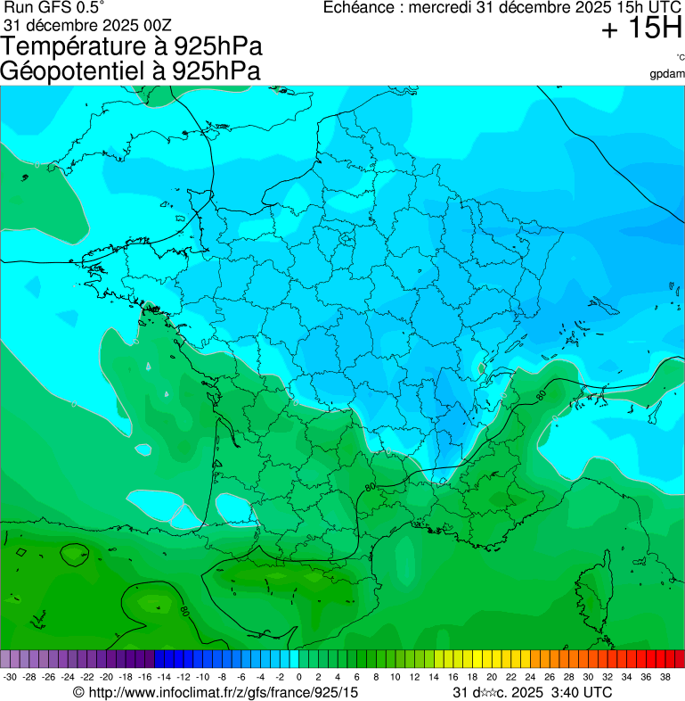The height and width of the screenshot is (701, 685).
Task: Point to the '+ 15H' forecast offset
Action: pos(641,29)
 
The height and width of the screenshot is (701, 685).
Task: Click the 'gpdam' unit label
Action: pos(667,74)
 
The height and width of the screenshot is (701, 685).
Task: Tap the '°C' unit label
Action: pos(680,57)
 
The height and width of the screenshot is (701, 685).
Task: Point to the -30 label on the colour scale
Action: pos(10,677)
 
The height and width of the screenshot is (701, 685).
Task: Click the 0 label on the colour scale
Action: pos(298,677)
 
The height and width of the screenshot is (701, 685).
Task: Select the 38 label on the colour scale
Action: pos(665,677)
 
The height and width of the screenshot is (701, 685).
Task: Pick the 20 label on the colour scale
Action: pos(492,677)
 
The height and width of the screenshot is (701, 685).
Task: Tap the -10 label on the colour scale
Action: pos(202,677)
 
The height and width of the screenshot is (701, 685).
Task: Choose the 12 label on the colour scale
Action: pos(414,677)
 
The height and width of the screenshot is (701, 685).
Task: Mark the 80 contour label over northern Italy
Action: pos(540,393)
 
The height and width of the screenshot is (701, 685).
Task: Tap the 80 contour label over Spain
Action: pos(183,612)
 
